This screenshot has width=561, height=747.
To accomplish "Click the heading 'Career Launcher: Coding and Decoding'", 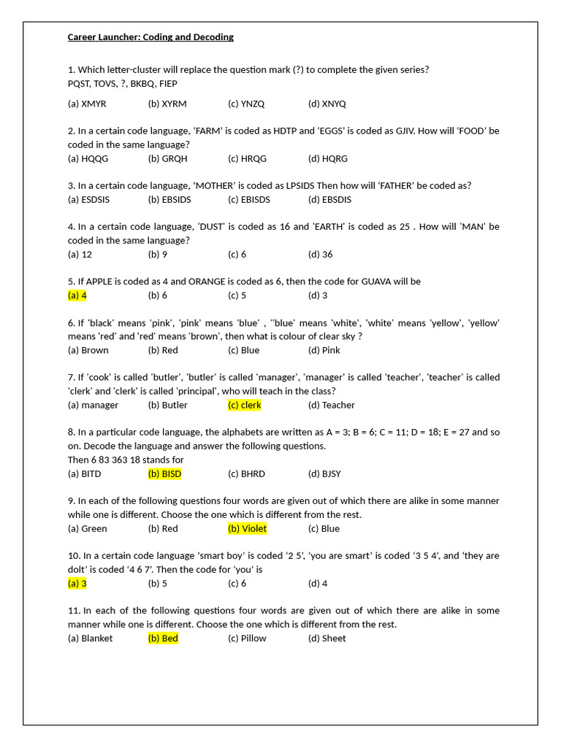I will coord(150,37).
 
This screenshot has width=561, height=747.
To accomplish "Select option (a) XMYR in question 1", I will coord(87,104).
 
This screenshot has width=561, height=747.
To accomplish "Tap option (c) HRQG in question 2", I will coord(247,158).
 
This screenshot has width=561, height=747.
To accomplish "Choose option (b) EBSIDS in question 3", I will coord(169,199).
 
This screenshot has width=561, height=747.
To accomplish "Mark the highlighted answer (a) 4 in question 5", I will coord(77,295).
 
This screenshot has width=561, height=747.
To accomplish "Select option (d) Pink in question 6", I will coord(324,350).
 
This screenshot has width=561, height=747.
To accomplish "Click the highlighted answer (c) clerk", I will coord(245,405).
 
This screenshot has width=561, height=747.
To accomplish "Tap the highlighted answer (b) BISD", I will coord(164,473).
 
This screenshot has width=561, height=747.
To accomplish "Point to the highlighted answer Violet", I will coord(247,528).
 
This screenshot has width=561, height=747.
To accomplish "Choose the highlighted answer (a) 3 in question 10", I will coord(77,583).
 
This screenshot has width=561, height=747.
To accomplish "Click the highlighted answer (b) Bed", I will coord(163,638).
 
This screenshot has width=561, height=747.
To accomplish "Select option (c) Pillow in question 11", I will coord(247,638).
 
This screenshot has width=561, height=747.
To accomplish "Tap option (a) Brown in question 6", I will coord(88,350).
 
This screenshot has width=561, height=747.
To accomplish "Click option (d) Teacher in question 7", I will coord(332,405).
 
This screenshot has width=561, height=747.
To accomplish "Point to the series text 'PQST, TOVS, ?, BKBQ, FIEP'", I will coord(123,83).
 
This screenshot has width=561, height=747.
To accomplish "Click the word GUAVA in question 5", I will coord(377,282).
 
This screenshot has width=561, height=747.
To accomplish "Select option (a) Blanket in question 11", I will coord(90,638).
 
